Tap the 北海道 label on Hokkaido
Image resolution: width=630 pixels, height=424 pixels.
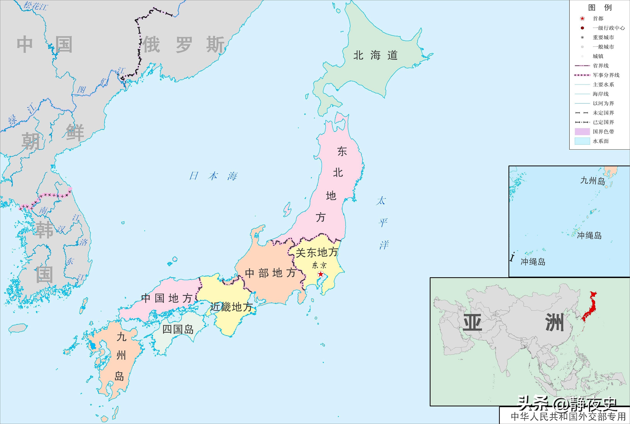point(375,55)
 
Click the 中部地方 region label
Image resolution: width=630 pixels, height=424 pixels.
point(270,273)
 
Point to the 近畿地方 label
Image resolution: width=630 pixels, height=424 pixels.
point(231,307)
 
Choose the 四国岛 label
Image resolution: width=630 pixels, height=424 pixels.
point(178,329)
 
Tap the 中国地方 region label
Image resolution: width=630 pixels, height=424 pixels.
point(166,299)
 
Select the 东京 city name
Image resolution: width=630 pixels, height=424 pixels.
point(319,265)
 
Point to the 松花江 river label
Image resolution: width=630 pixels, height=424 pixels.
point(35,6)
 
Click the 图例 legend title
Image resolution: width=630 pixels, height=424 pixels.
point(600,8)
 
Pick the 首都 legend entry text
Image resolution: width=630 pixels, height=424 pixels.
point(598,19)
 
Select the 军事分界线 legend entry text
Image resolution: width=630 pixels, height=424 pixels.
point(606,75)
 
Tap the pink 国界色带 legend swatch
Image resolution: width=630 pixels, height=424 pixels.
point(582,132)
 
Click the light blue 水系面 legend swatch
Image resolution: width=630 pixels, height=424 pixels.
point(582,141)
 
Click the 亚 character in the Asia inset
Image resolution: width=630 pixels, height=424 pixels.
point(473,322)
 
